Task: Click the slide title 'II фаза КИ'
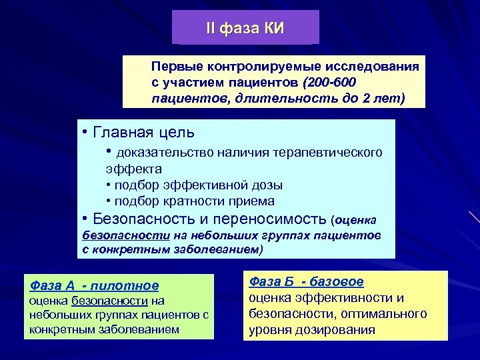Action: tap(245, 28)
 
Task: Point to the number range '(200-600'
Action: tap(329, 82)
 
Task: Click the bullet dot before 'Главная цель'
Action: tap(85, 132)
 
